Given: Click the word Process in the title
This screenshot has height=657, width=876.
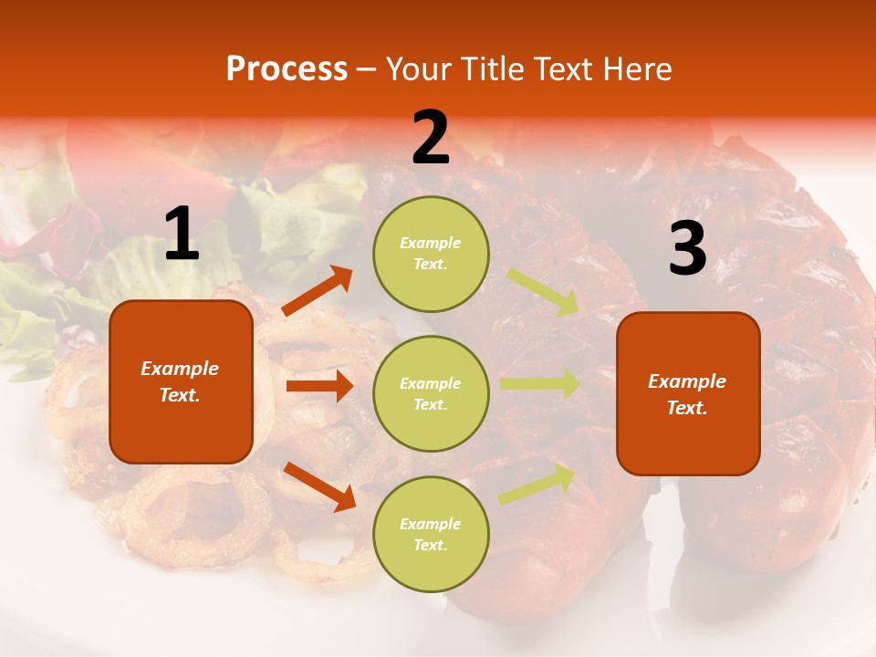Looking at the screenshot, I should [287, 69].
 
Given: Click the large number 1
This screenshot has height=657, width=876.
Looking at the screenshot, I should [182, 235].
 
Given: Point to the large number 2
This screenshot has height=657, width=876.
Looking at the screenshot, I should [431, 138].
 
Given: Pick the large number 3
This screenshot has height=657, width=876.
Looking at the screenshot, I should [687, 248].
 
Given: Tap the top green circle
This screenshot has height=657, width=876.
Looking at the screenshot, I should [431, 254].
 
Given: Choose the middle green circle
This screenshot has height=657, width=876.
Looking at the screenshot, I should [431, 393].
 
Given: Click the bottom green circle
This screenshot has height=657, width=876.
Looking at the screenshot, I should [431, 534].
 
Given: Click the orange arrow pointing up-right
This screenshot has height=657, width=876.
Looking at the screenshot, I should [318, 291].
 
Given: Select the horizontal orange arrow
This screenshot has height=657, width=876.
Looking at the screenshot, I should [319, 386].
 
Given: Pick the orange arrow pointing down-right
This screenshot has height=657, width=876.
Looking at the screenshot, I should [319, 486].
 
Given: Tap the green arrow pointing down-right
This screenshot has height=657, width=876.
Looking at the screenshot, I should [543, 292].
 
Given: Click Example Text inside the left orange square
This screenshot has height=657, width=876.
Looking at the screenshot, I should [180, 381].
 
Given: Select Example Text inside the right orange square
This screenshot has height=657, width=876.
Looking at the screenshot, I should [687, 394].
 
